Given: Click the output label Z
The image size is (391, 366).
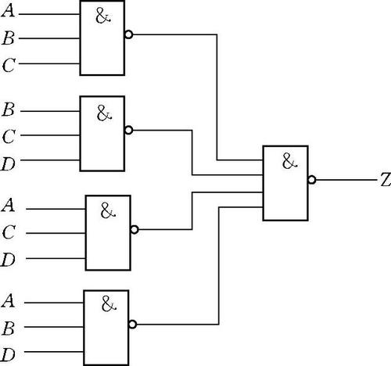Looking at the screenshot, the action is pos(386,180).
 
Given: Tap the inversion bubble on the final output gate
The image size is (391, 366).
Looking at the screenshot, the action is pos(312,180).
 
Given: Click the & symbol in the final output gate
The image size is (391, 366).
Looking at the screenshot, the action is pos(289,161).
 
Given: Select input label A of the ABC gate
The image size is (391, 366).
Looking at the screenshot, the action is pos(8,11).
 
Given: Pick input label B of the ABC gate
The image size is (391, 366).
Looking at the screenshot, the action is pos(9,38).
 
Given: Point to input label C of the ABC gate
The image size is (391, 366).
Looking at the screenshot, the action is pos(9,65).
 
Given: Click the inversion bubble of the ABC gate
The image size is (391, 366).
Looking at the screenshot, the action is pos(129,34).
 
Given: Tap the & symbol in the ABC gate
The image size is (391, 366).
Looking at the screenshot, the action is pos(103,16).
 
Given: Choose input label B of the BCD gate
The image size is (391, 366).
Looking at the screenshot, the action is pos(9,109).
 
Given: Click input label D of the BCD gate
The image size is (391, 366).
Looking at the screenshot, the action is pos(8,164).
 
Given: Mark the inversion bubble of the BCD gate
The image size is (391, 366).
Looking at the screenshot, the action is pos(129,130).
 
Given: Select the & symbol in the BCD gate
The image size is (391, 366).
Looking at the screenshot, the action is pos(104,113).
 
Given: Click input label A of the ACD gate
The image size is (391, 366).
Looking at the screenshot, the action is pos(8,205).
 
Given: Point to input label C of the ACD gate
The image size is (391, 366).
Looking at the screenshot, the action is pos(9,232).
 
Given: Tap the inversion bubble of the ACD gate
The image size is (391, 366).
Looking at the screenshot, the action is pos(135,230).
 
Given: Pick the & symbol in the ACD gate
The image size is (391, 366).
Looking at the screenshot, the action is pos(108,210).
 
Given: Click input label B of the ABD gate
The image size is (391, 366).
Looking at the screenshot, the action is pos(9,328).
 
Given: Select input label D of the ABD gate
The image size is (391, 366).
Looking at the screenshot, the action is pos(8,355).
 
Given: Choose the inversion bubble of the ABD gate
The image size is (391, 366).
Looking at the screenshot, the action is pos(133,325).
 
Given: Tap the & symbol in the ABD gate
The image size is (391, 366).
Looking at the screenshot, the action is pos(109,303).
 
